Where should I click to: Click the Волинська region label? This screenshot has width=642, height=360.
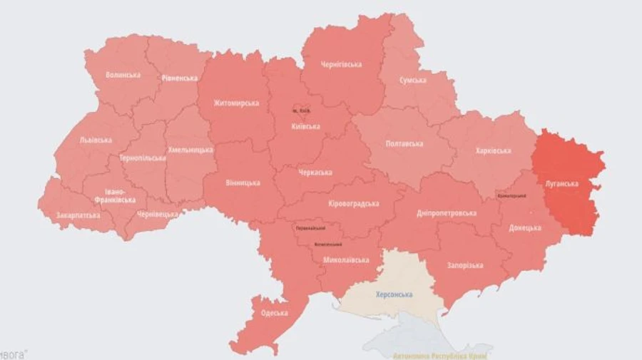pos(123,75)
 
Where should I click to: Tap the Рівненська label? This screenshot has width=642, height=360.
pos(179,78)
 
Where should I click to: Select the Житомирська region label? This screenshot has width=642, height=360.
pos(235,103)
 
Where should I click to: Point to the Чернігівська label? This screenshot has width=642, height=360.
pos(341,65)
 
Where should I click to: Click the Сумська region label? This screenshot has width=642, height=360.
pos(412,81)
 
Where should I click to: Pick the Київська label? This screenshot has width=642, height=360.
pos(306,127)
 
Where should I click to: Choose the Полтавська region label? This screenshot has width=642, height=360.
pos(404,144)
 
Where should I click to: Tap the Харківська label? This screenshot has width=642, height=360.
pos(493,151)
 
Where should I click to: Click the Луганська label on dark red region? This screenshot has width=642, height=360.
pos(561,183)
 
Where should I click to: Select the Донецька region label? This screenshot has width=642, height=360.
pos(525,229)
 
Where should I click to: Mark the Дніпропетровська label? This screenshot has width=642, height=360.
pos(447,213)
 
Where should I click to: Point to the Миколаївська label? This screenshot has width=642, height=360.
pos(345,260)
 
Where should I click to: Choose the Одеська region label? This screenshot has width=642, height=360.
pos(274,313)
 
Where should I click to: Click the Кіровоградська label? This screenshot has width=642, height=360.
pos(353,204)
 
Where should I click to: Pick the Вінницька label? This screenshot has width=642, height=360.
pos(243,183)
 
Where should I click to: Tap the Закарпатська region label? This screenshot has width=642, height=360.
pos(78,215)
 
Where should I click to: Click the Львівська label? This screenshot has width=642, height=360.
pos(96,140)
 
